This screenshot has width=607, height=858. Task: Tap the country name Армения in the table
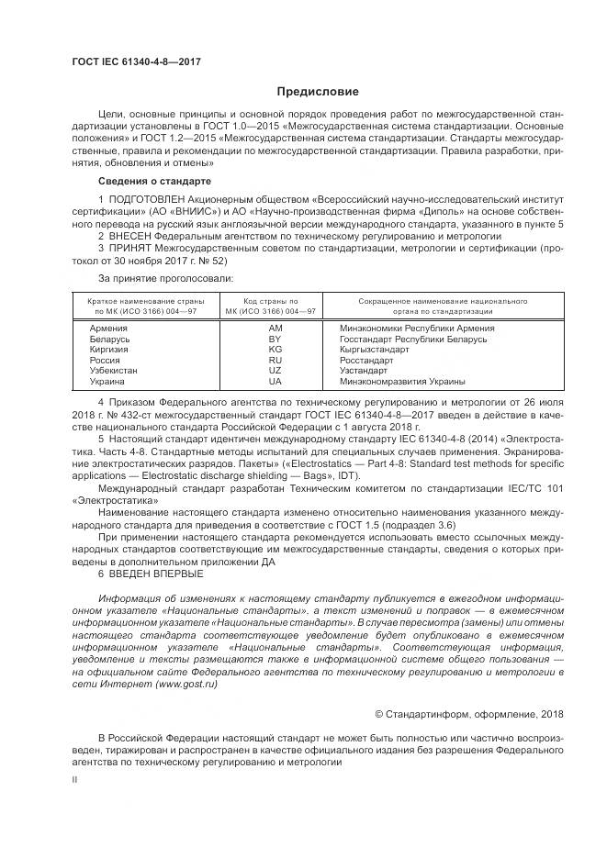click(108, 328)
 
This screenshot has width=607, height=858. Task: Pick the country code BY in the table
click(275, 339)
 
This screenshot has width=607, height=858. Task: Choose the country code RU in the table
click(275, 361)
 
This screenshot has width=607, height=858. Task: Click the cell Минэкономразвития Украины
click(402, 382)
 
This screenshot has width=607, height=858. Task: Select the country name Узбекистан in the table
click(114, 371)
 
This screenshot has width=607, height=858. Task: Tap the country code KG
click(275, 350)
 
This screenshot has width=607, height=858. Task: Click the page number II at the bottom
click(75, 777)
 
